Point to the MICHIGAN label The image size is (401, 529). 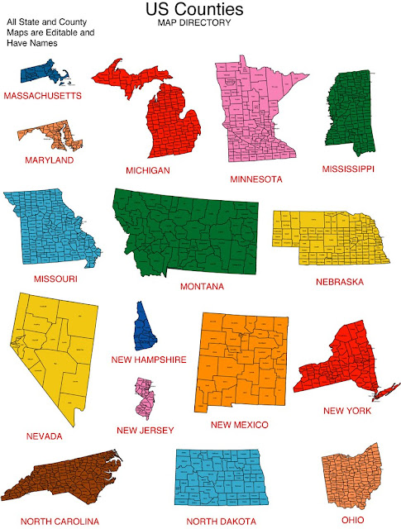coord(148,170)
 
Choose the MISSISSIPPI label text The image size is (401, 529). coord(348,169)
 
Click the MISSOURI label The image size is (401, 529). coord(56,279)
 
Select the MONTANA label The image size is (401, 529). coord(202,287)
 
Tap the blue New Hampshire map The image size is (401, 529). coord(146,327)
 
